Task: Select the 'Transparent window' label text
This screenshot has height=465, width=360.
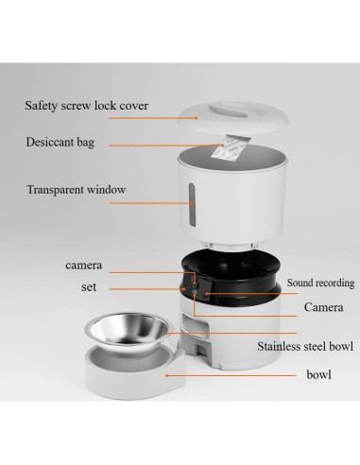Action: coord(76,189)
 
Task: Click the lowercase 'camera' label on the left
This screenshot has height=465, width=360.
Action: coord(83,266)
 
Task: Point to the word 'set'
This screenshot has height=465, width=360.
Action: coord(89,286)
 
